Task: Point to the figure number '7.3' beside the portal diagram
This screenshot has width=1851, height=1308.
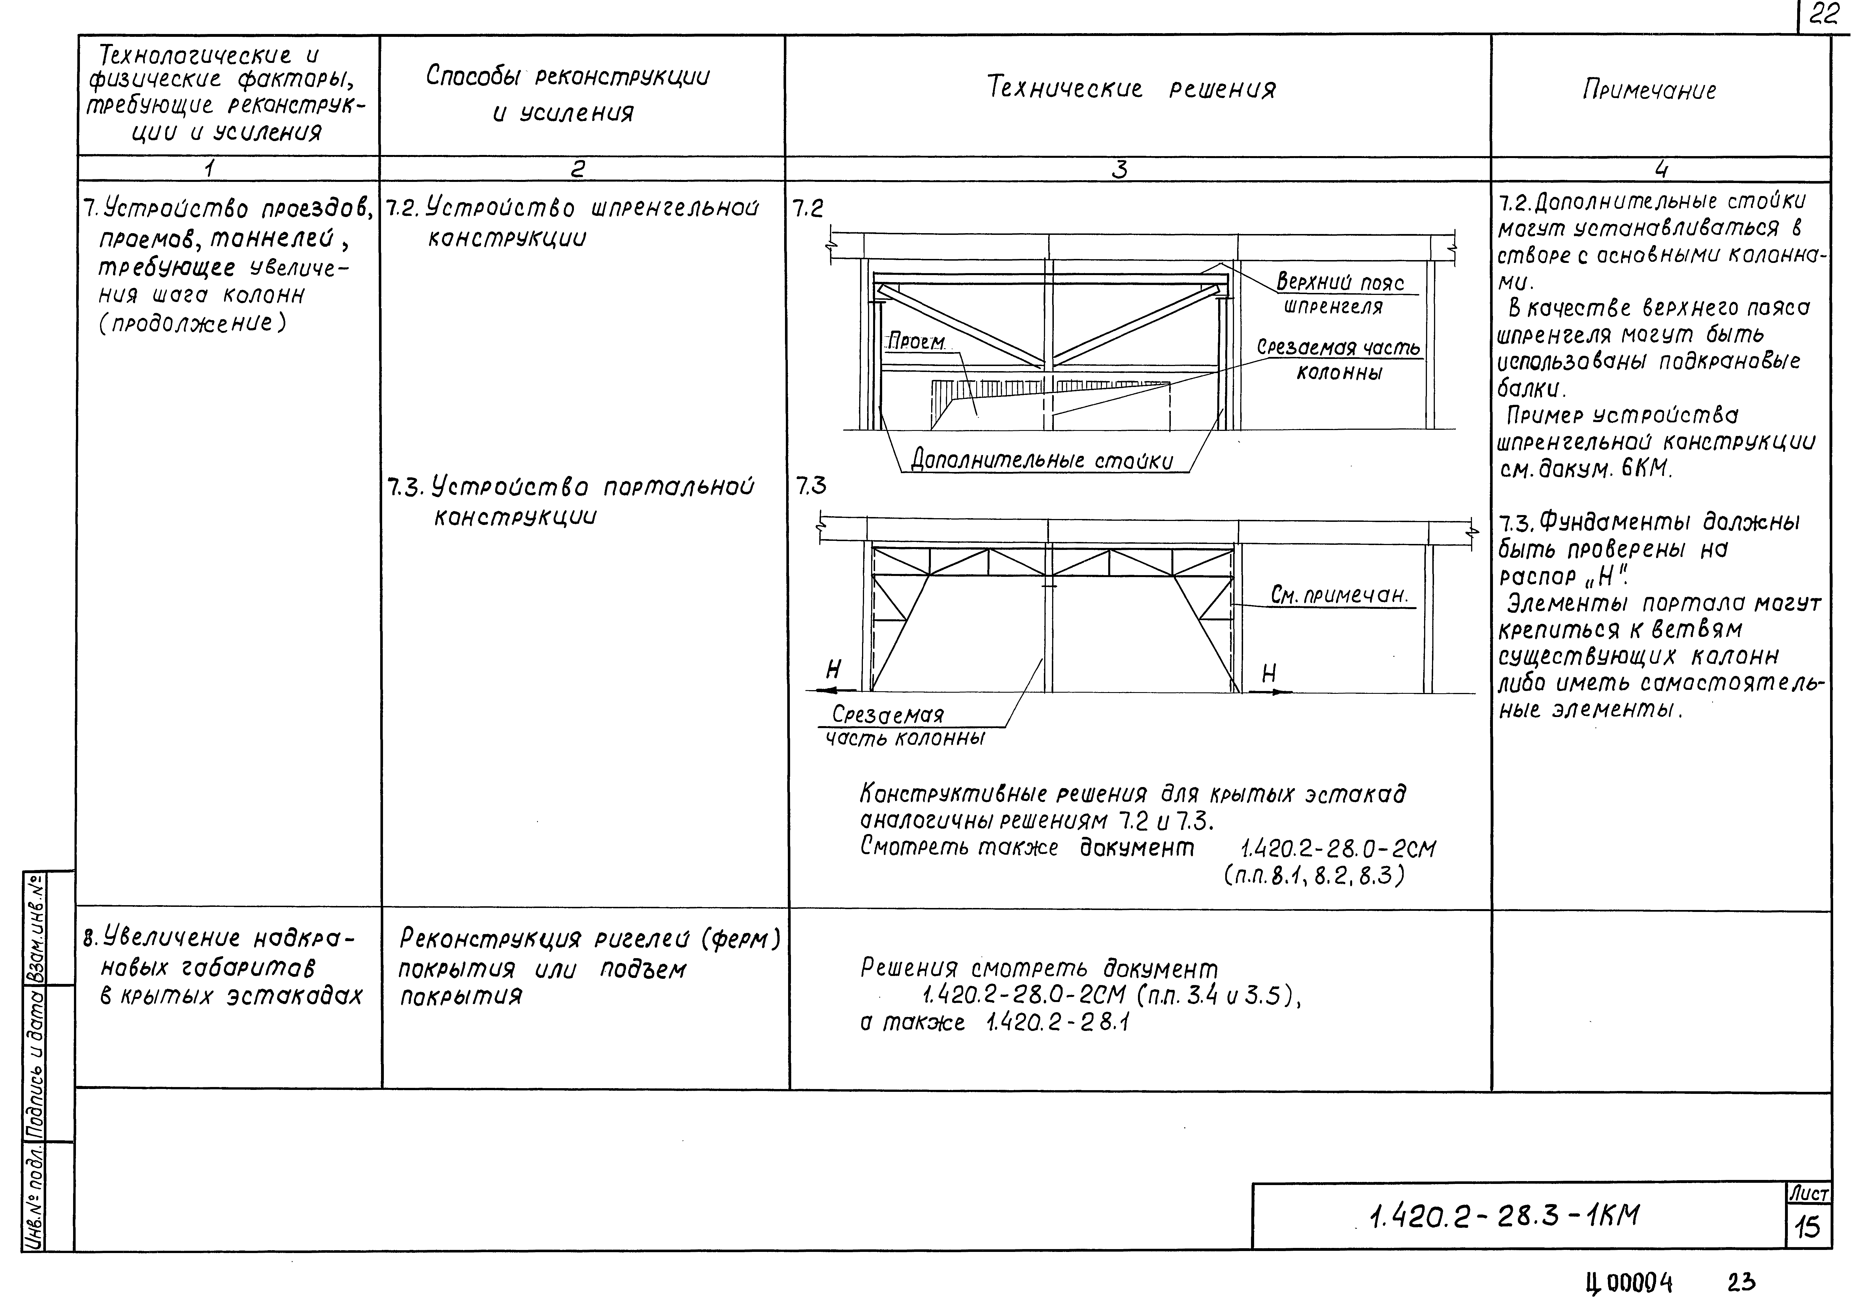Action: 811,486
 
